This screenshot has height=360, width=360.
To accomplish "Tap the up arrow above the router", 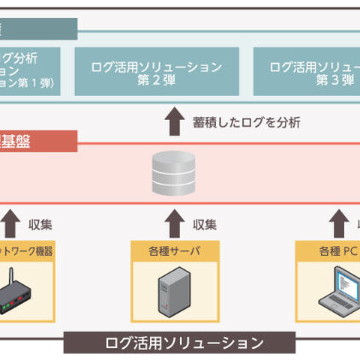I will pyautogui.click(x=10, y=223).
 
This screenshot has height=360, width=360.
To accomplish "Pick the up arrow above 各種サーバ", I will pyautogui.click(x=174, y=223).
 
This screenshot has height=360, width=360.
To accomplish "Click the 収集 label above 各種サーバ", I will pyautogui.click(x=204, y=223).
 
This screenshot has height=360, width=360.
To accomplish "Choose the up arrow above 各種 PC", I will pyautogui.click(x=337, y=223).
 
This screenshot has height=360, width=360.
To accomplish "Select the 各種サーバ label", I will pyautogui.click(x=173, y=251).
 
